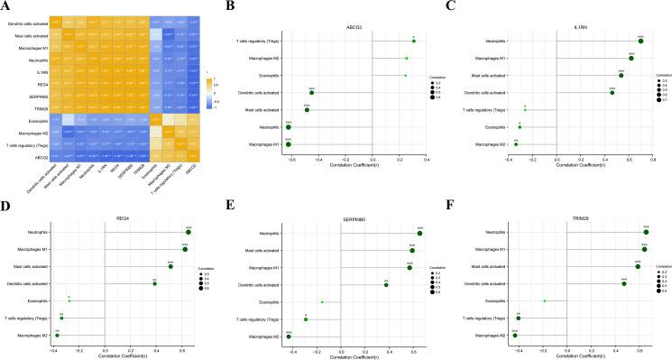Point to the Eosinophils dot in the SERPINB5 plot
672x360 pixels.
tap(322, 302)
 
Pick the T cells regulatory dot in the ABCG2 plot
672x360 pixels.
tap(413, 41)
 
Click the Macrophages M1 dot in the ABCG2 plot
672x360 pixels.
tap(288, 143)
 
